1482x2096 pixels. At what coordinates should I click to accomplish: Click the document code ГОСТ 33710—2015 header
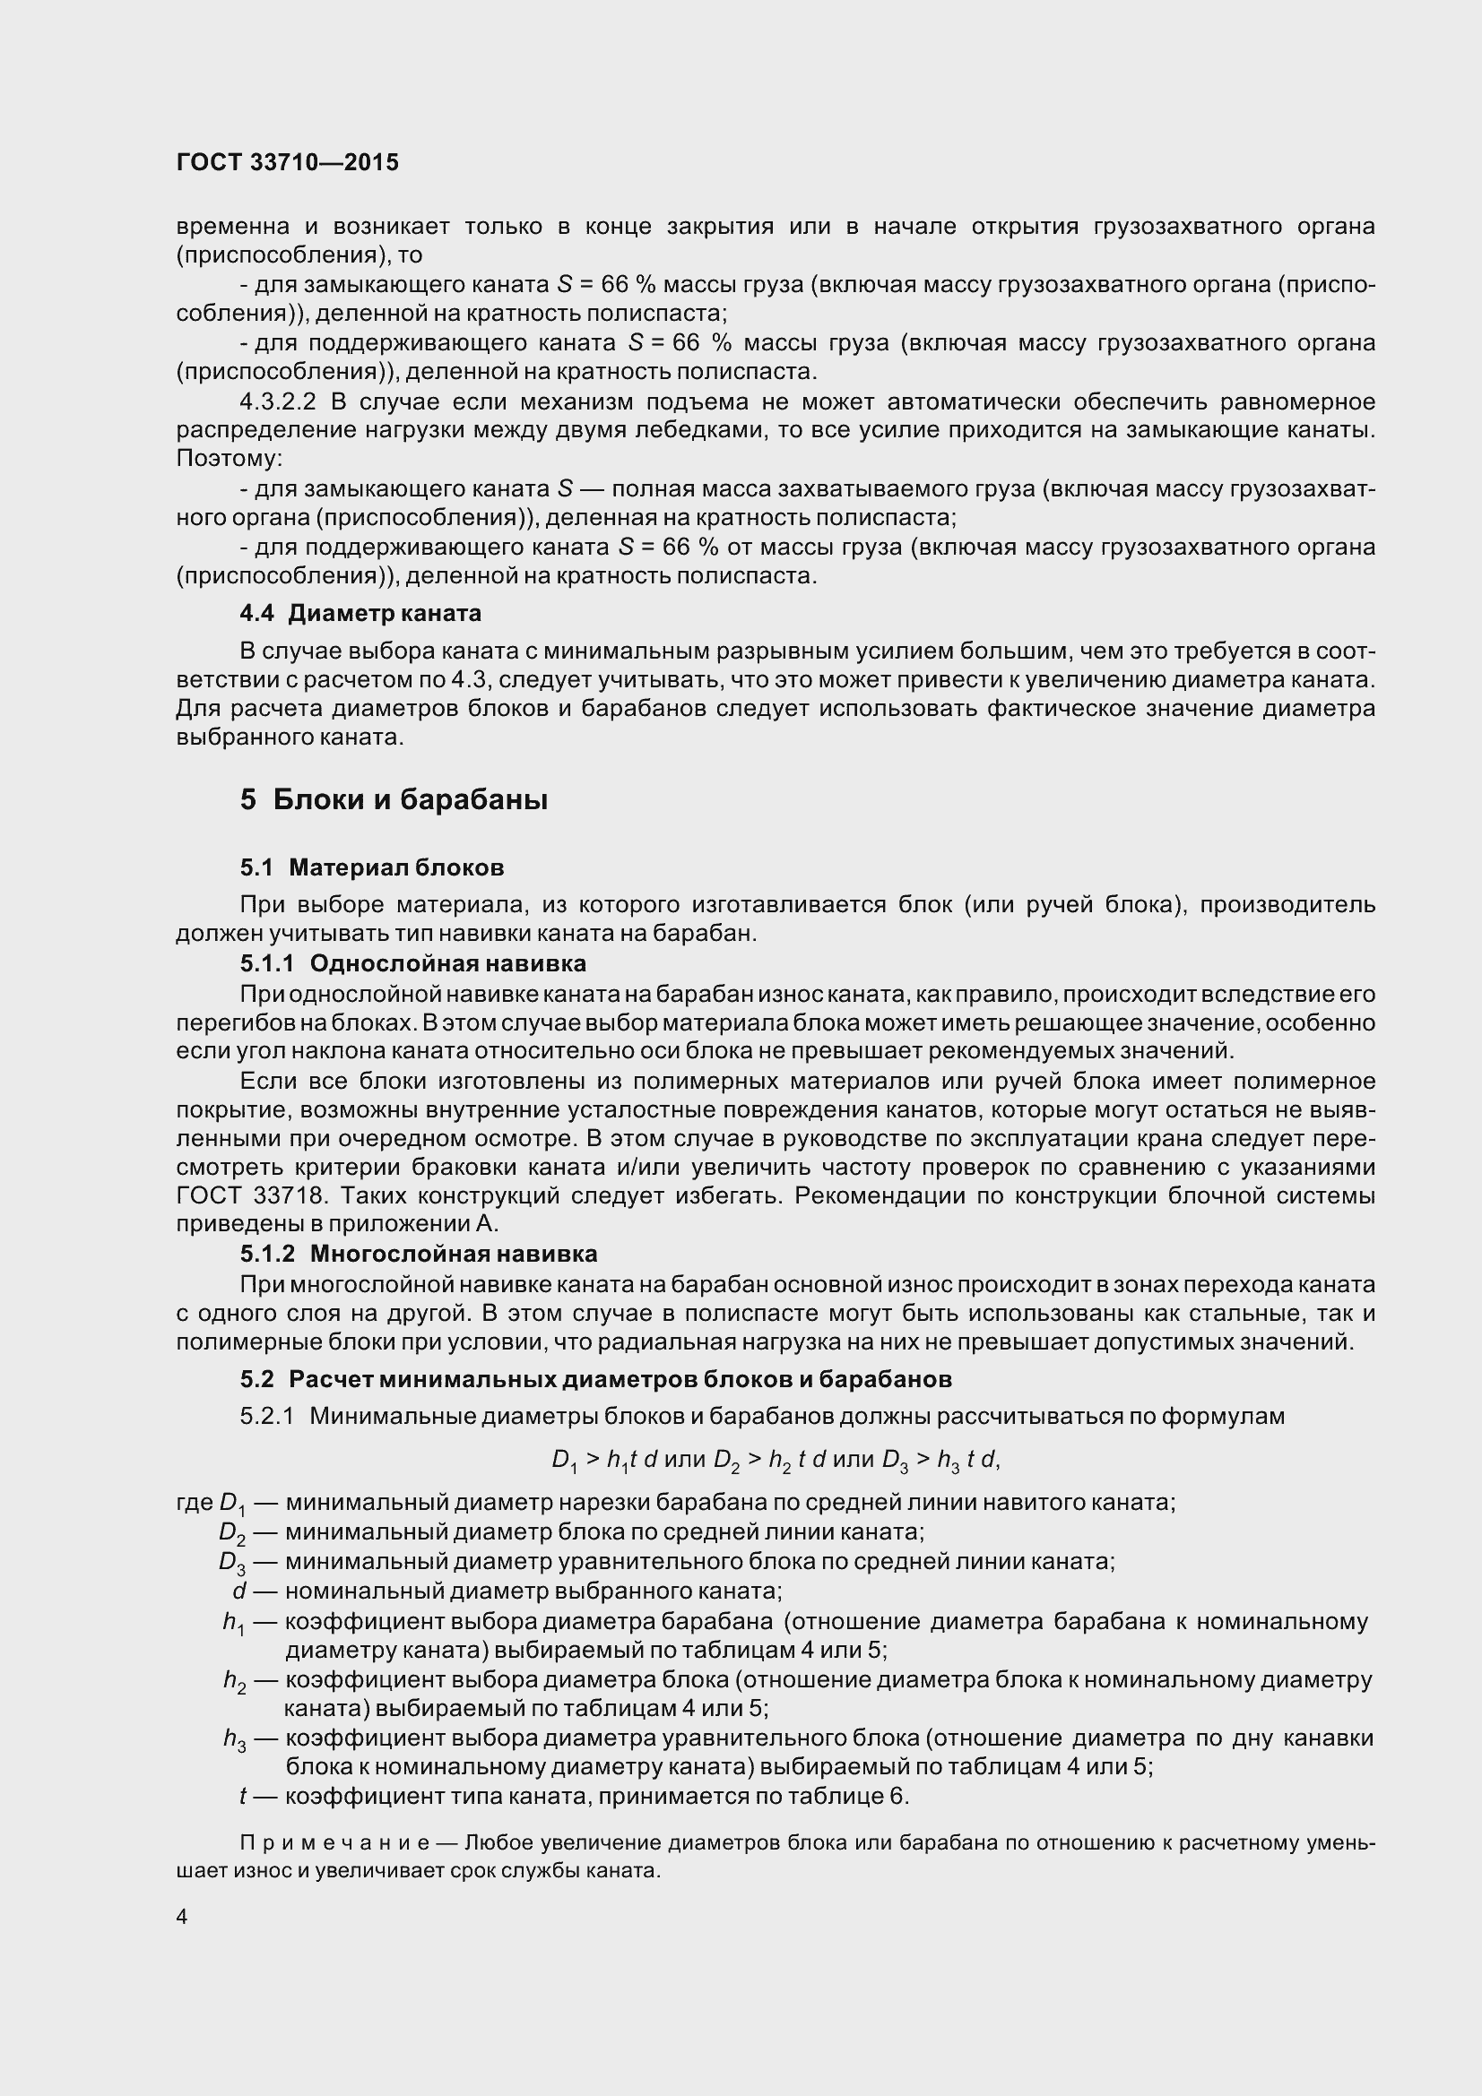288,162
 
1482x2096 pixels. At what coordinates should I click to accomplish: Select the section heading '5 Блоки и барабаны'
394,800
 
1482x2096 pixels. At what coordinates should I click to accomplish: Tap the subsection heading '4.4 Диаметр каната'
360,614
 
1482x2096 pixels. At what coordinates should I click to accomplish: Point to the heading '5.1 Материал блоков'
372,867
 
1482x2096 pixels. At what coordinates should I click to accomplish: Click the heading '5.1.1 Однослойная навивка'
412,963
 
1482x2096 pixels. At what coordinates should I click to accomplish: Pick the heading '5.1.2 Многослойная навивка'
418,1254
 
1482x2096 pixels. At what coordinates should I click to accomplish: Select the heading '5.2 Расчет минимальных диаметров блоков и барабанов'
595,1378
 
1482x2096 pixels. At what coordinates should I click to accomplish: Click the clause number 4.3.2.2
278,401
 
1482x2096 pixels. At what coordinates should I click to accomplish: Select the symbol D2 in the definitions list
233,1532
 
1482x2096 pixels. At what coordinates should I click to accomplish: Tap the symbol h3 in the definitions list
235,1739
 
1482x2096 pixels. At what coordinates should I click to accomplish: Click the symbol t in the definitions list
243,1797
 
